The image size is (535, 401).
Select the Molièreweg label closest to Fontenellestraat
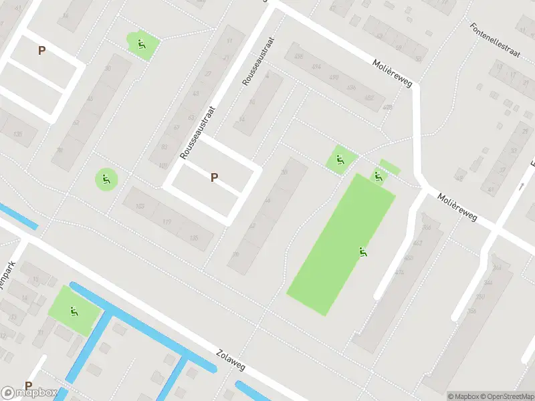click(x=392, y=72)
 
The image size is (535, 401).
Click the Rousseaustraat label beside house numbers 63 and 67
click(x=196, y=131)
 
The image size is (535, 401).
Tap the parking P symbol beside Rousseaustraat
click(x=214, y=178)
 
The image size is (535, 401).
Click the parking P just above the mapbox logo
click(x=28, y=386)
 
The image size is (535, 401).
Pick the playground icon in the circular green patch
click(x=106, y=178)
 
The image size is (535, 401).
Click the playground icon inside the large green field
click(x=363, y=252)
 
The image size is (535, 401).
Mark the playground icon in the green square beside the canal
click(x=73, y=311)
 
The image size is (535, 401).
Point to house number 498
click(x=298, y=57)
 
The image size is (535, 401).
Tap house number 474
click(x=400, y=272)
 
